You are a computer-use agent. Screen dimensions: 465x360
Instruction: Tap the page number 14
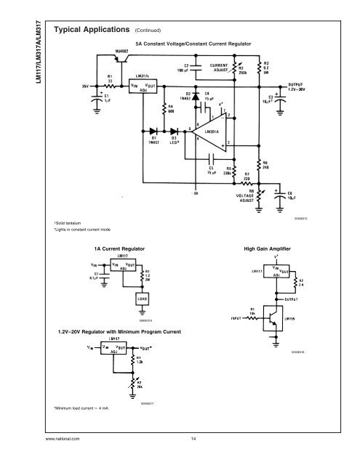tap(193, 440)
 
